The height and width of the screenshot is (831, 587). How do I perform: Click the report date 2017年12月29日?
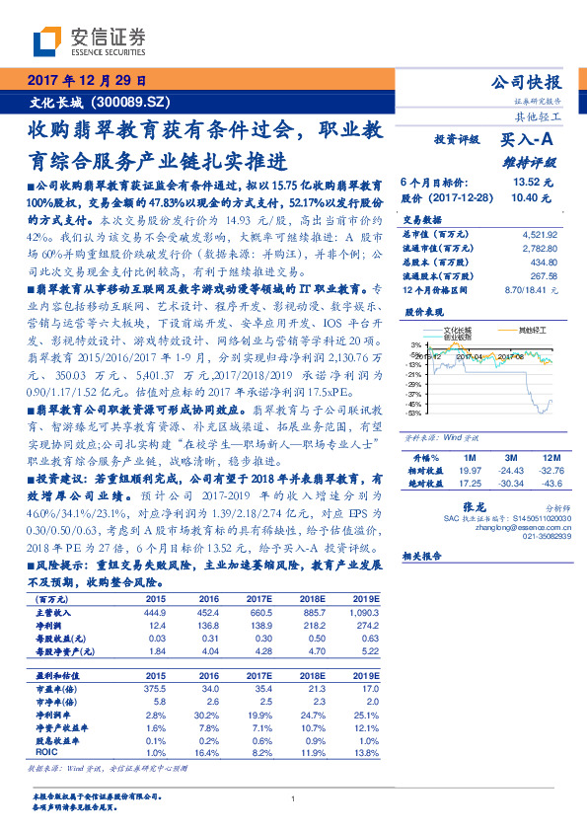click(86, 81)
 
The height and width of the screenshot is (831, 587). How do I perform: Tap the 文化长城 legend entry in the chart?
click(458, 331)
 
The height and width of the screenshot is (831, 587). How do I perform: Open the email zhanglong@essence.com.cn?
click(523, 528)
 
